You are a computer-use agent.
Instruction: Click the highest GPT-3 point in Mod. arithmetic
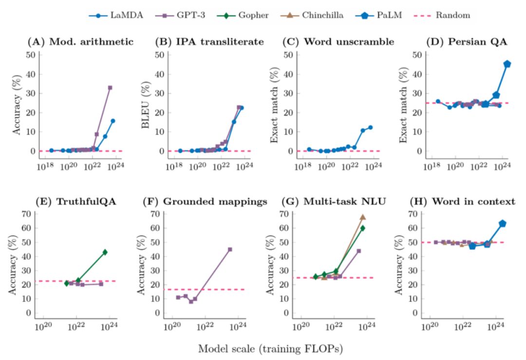[110, 88]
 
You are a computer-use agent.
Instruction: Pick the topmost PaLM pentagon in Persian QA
[507, 64]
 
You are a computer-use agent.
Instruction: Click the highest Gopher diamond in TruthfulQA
[105, 252]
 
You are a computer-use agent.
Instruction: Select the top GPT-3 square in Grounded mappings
[230, 249]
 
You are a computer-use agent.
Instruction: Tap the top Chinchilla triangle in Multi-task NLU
[363, 217]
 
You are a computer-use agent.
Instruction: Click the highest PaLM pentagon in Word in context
[503, 224]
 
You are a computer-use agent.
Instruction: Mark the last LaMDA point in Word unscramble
[370, 127]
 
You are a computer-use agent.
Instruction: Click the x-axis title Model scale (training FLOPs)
[267, 349]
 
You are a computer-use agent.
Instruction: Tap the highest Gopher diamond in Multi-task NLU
[363, 228]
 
